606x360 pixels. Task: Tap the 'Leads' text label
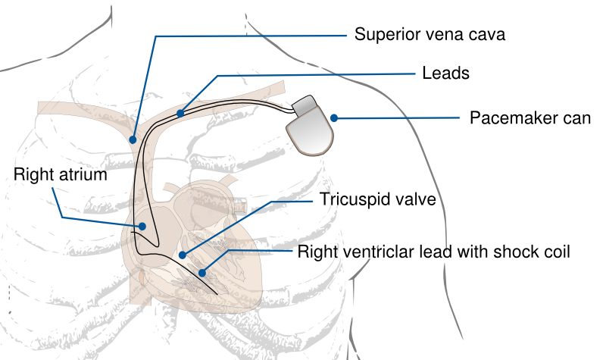point(445,74)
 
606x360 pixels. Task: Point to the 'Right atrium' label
point(61,175)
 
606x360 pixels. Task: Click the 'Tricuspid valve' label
point(377,200)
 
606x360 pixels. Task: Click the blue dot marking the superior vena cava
point(133,139)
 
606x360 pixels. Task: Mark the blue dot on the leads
point(180,114)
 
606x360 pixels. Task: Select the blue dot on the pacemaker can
point(333,117)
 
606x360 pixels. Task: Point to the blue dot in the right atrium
point(141,226)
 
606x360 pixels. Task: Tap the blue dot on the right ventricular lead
point(202,271)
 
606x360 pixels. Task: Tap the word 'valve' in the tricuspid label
point(417,200)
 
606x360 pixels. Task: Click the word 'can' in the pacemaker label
point(579,118)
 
